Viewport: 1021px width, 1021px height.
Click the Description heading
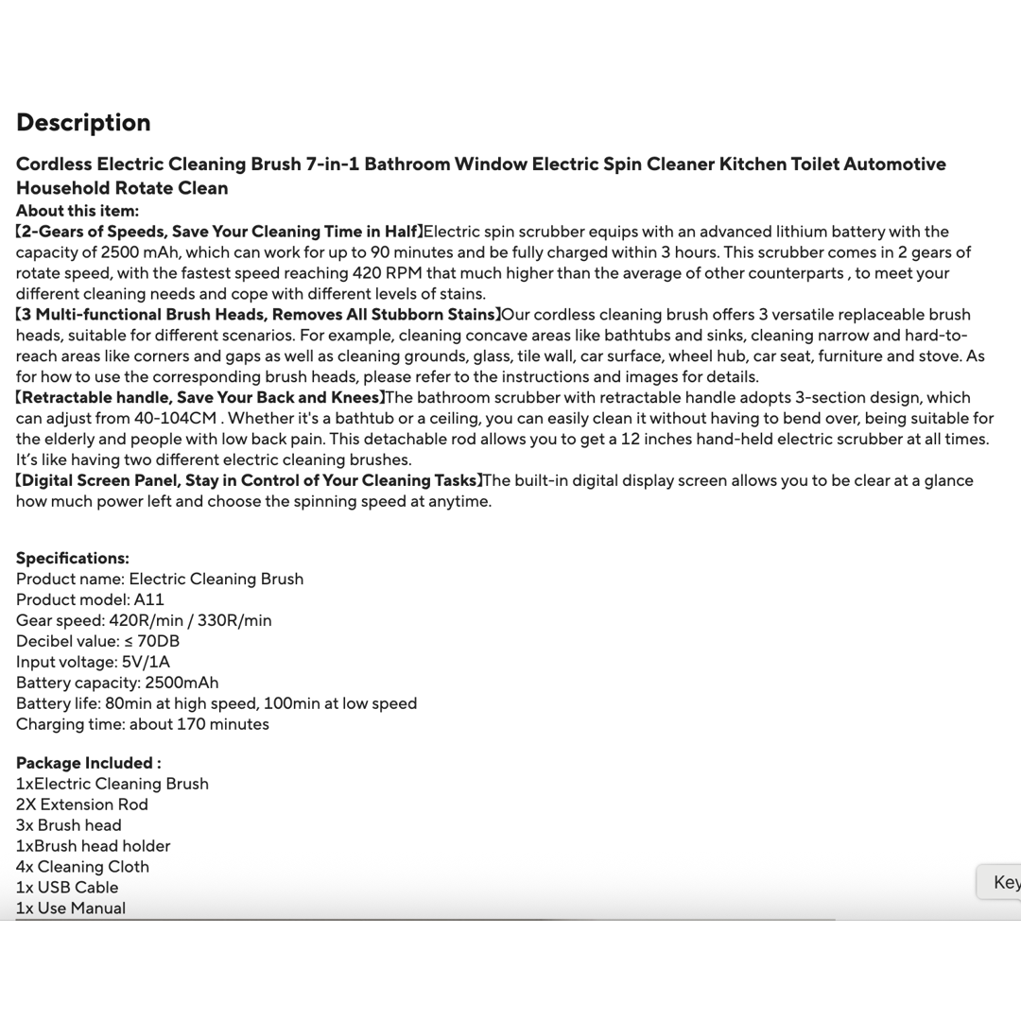pyautogui.click(x=83, y=123)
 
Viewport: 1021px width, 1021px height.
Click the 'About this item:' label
pyautogui.click(x=78, y=211)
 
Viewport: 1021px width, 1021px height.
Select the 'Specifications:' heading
pyautogui.click(x=73, y=558)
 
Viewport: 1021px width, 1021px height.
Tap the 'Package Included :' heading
pyautogui.click(x=89, y=763)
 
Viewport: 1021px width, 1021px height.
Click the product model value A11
pyautogui.click(x=149, y=599)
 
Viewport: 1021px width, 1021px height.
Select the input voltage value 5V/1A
pyautogui.click(x=146, y=662)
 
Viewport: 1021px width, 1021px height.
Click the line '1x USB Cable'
pyautogui.click(x=67, y=888)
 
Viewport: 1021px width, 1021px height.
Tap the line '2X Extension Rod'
pyautogui.click(x=82, y=805)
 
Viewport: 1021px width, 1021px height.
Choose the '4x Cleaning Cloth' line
pyautogui.click(x=82, y=867)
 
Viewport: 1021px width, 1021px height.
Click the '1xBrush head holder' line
pyautogui.click(x=94, y=846)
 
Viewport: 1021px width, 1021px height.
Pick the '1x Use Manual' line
pyautogui.click(x=71, y=909)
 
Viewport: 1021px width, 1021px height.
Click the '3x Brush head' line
pyautogui.click(x=69, y=825)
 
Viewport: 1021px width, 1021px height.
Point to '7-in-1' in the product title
pyautogui.click(x=332, y=164)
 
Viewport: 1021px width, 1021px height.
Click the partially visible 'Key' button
pyautogui.click(x=1004, y=882)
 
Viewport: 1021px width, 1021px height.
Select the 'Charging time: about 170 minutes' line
pyautogui.click(x=143, y=724)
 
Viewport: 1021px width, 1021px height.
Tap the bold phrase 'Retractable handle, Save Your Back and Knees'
pyautogui.click(x=200, y=397)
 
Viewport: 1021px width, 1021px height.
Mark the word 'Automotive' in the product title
pyautogui.click(x=894, y=164)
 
